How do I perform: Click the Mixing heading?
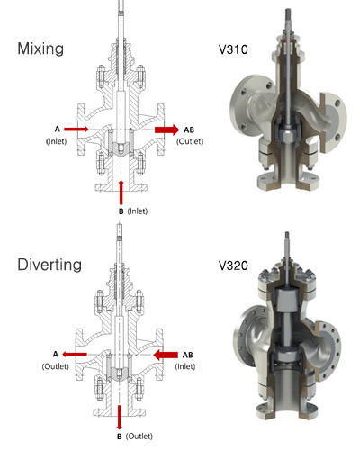(40, 49)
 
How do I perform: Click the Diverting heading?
(49, 265)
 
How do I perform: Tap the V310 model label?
(233, 49)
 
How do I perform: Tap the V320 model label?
(233, 265)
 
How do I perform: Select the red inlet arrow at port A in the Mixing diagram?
(76, 130)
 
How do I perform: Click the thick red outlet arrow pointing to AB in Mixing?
(166, 130)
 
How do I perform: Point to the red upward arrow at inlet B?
(121, 193)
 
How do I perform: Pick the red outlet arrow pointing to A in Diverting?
(75, 355)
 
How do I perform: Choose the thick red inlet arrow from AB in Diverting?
(166, 355)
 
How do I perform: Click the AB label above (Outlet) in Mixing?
(189, 130)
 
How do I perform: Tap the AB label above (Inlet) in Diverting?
(188, 355)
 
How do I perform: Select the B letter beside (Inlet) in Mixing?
(121, 211)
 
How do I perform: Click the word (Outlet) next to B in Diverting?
(139, 436)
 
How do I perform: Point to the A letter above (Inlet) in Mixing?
(58, 129)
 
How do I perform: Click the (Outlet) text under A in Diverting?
(56, 366)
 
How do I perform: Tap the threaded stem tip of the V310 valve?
(287, 13)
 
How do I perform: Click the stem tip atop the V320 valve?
(287, 236)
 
